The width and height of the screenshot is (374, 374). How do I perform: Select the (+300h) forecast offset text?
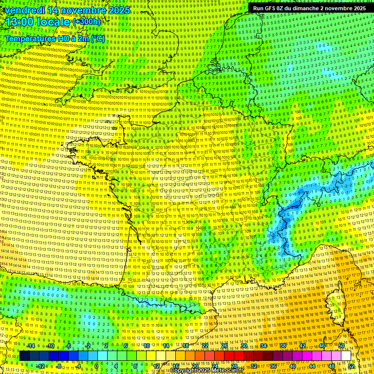[x=86, y=22]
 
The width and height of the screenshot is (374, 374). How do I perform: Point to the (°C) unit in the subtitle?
[x=97, y=38]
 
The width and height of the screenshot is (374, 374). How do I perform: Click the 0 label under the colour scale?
[x=96, y=366]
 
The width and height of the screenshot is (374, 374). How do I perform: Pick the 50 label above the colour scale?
[x=341, y=346]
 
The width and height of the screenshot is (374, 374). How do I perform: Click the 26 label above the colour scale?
[x=224, y=346]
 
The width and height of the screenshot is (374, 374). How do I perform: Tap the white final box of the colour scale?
[x=346, y=356]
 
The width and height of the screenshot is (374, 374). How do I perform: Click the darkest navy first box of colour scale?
[x=24, y=356]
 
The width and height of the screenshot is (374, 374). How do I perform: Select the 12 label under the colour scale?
[x=156, y=366]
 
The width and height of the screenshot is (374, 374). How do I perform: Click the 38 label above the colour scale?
[x=283, y=346]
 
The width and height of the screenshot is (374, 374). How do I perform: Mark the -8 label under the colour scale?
[x=59, y=366]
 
